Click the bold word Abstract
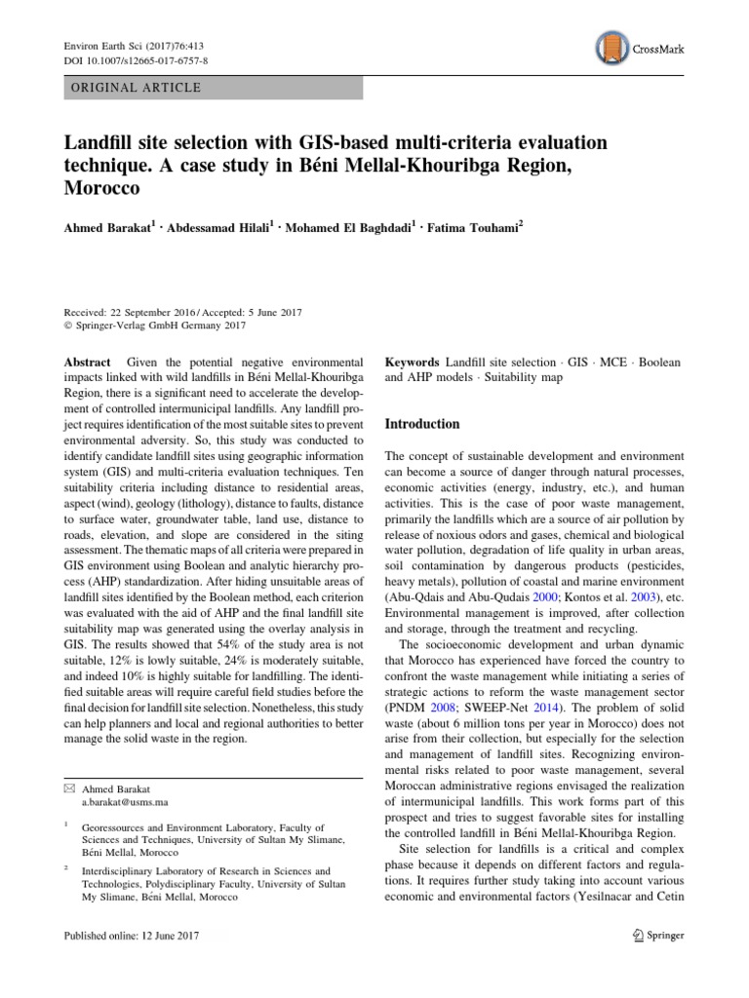pos(87,362)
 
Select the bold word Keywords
pos(413,362)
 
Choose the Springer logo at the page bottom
pos(653,936)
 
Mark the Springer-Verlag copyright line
pos(147,326)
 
